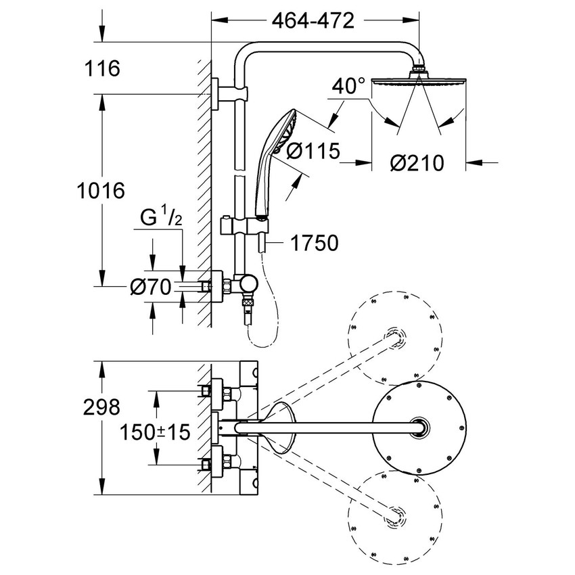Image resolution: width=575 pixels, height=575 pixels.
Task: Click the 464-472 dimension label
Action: (313, 21)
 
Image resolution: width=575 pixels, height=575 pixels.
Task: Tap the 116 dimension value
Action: (102, 68)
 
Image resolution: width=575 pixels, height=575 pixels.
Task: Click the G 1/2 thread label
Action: (161, 218)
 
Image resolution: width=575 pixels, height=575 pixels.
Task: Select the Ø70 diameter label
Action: (149, 288)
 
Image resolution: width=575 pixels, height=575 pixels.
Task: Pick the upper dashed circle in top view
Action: (395, 336)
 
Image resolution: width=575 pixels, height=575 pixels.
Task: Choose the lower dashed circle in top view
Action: (395, 519)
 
